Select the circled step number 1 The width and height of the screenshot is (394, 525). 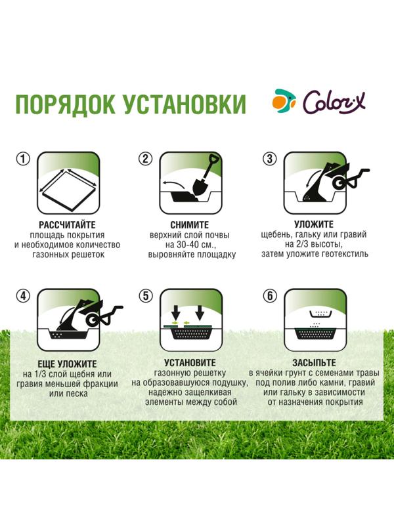[24, 159]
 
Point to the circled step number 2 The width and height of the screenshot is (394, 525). [146, 159]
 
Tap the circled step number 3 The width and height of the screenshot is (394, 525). [269, 159]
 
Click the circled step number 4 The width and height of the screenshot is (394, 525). [24, 295]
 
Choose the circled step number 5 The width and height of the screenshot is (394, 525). [146, 295]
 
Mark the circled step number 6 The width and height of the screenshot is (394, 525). [269, 295]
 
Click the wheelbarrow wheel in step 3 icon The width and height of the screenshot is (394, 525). [341, 182]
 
